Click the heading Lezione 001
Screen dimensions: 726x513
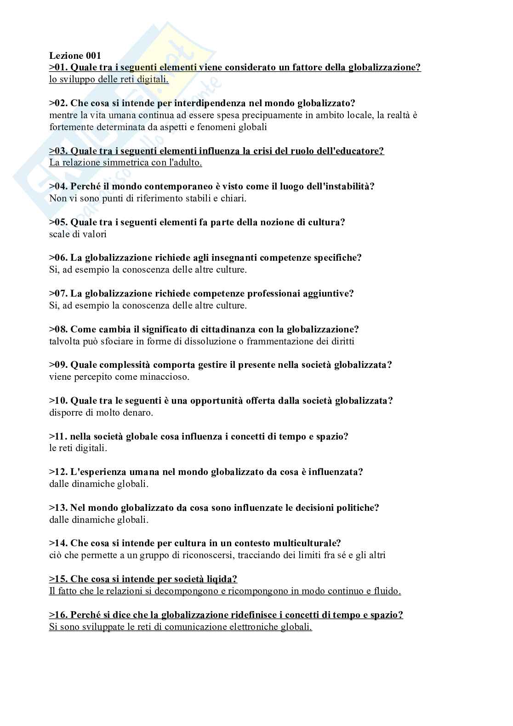tap(75, 56)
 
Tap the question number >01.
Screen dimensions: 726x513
tap(58, 68)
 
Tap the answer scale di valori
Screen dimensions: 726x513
tap(78, 234)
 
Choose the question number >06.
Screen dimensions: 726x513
tap(58, 257)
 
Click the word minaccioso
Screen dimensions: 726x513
tap(167, 377)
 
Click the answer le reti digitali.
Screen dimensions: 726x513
tap(78, 448)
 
